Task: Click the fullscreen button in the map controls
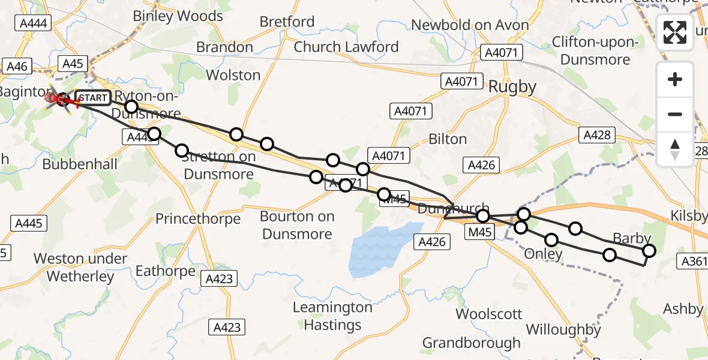point(675,32)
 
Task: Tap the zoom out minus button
point(675,114)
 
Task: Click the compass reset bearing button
point(675,149)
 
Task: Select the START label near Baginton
point(92,98)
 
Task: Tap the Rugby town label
point(512,87)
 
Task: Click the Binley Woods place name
point(178,16)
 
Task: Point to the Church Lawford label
point(346,47)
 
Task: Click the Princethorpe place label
point(197,218)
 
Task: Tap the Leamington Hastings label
point(332,316)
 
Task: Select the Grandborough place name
point(471,343)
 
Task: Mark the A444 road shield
point(34,23)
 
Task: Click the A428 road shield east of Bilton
point(598,135)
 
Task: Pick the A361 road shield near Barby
point(694,260)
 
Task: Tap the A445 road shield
point(28,223)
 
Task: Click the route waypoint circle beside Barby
point(649,251)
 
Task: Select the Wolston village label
point(233,75)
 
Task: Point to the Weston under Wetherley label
point(80,268)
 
